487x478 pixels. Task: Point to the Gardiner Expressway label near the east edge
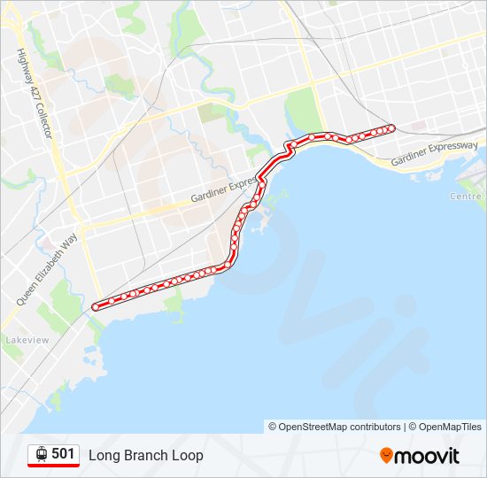[x=434, y=153]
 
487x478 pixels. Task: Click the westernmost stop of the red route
[x=96, y=307]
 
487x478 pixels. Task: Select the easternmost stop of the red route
[x=391, y=128]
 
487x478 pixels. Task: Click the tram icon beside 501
[x=41, y=454]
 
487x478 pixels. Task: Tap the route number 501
[x=63, y=454]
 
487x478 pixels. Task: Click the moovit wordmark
[x=428, y=456]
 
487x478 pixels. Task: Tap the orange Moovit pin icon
[x=386, y=456]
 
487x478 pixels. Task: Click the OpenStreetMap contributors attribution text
[x=339, y=427]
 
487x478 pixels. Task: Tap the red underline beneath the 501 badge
[x=53, y=466]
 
